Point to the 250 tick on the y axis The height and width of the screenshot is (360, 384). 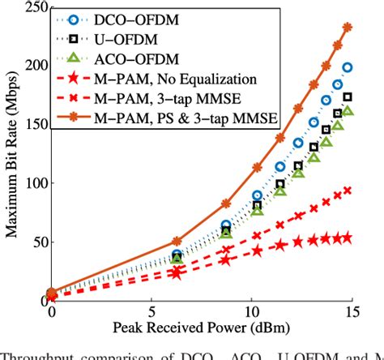pos(32,8)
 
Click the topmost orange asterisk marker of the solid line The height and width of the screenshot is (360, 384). pos(348,28)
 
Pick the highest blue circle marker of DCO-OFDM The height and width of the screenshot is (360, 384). pos(348,68)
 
